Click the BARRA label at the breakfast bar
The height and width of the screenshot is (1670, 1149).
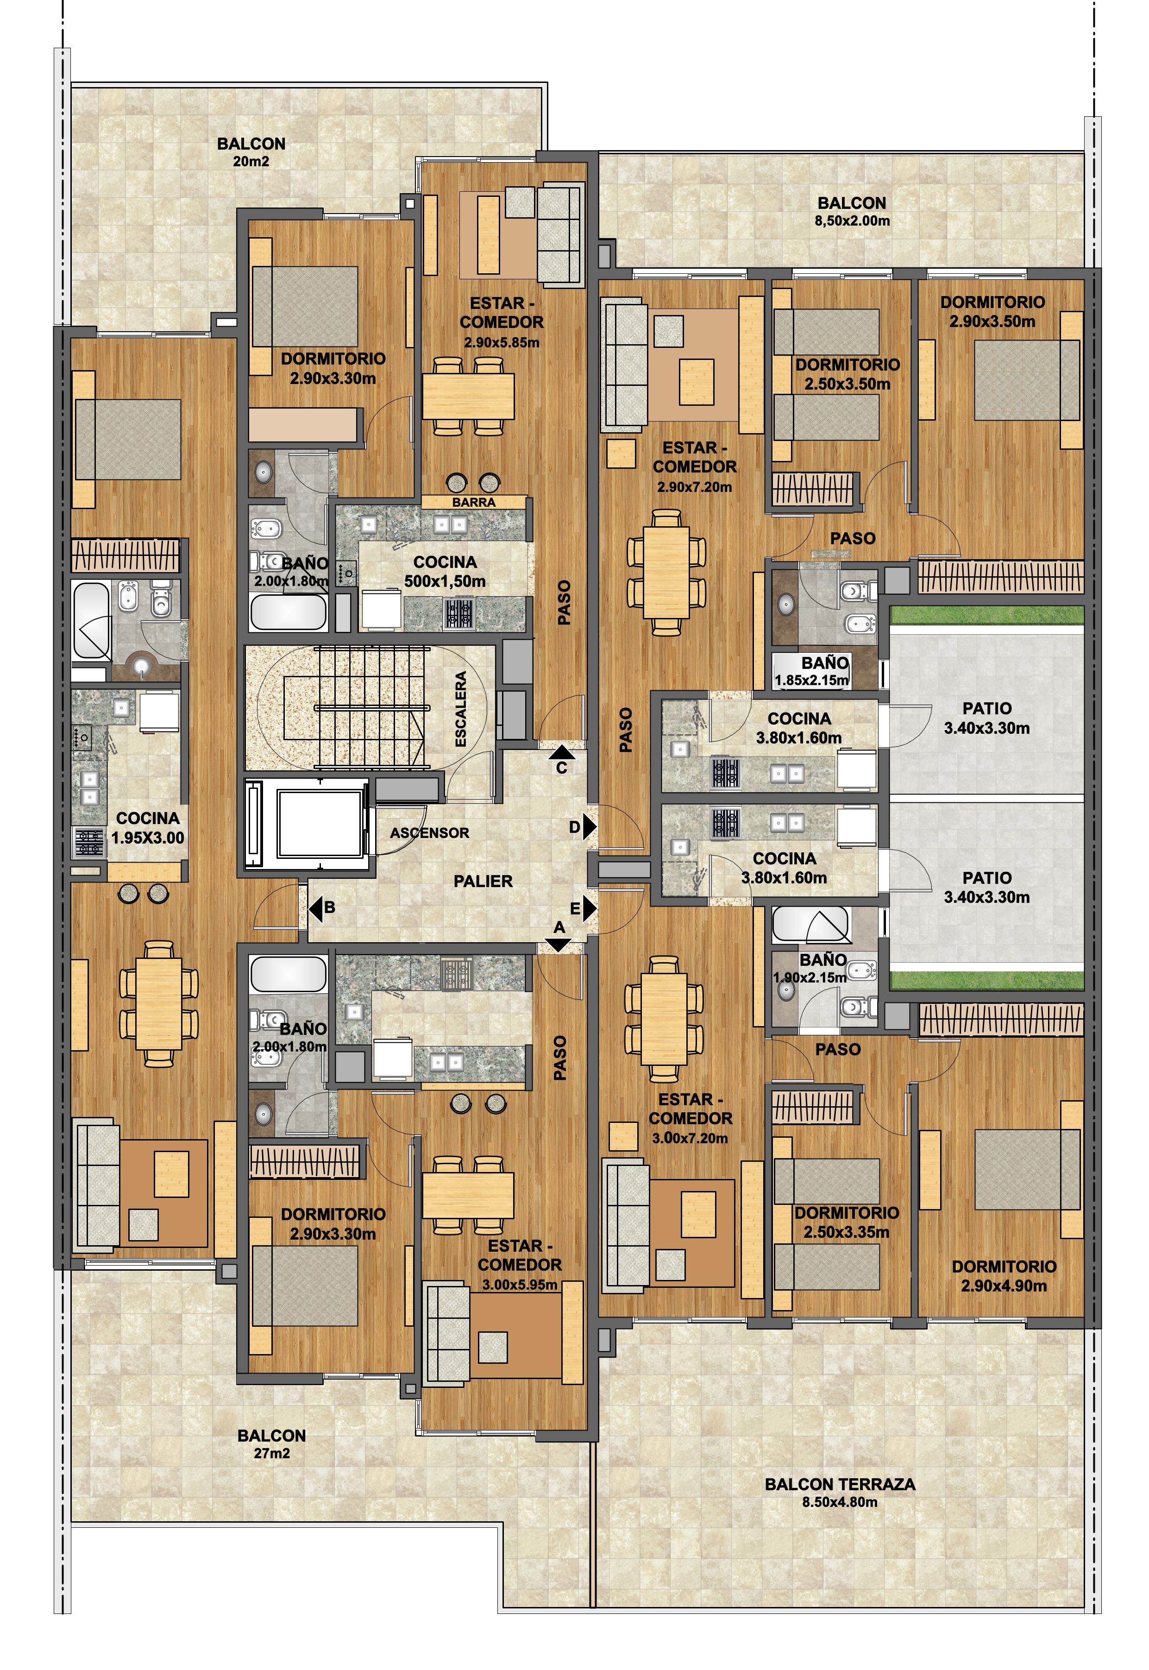pos(474,502)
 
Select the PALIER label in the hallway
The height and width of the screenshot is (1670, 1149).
pos(483,881)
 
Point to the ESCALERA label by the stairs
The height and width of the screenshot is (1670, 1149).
pos(461,709)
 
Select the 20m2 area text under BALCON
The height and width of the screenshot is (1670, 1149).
pos(251,161)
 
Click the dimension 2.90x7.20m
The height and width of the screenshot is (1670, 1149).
pos(694,487)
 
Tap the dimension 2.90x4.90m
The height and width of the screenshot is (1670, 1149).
pos(1004,1286)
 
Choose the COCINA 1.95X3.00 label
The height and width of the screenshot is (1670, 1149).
pos(148,828)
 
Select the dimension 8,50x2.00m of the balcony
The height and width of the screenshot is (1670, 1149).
pos(853,221)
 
